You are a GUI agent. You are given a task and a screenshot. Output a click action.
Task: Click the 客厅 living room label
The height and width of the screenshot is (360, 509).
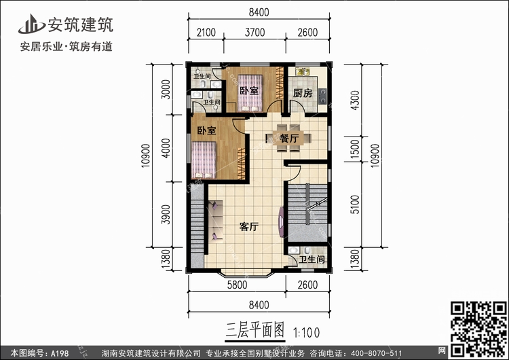pos(249,226)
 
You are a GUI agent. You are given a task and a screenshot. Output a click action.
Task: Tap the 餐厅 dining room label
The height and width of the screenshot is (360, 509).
pos(289,139)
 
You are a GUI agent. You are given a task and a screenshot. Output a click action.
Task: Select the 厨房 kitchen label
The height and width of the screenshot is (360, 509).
pos(303,93)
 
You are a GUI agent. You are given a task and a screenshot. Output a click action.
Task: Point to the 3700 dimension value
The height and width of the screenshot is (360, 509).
pos(254,33)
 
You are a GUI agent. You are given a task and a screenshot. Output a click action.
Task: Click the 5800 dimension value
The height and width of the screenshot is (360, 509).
pos(237,285)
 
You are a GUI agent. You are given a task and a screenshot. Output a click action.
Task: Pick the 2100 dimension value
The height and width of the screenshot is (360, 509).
pos(206,33)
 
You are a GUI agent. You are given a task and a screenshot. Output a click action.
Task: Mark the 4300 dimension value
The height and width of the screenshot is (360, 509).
pos(356,101)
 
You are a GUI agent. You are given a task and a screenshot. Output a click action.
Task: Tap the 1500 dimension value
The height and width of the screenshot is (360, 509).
pos(356,149)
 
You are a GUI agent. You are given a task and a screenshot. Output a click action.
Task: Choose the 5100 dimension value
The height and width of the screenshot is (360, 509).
pos(356,204)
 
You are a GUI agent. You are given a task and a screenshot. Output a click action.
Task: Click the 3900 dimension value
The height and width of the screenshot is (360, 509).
pos(166,215)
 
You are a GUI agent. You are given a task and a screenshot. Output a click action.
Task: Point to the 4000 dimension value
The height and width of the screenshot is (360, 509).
pos(166,148)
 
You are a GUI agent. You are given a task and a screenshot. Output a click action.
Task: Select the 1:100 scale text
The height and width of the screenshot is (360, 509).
pos(307,333)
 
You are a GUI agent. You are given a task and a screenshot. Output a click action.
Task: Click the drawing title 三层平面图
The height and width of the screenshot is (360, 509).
pos(254,330)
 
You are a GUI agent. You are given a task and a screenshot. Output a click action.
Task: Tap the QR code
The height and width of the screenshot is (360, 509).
pos(478,329)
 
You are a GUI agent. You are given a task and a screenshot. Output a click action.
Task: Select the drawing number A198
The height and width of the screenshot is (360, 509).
pos(60,353)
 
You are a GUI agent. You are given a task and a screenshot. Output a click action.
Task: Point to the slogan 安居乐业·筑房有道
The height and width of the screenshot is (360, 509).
pos(67,46)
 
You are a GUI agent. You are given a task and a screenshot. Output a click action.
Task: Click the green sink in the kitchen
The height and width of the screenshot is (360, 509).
pos(302,71)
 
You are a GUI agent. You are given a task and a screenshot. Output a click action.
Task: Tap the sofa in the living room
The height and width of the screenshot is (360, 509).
pos(216,221)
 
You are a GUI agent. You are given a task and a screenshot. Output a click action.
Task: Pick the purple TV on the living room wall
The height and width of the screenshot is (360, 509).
pos(282,222)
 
